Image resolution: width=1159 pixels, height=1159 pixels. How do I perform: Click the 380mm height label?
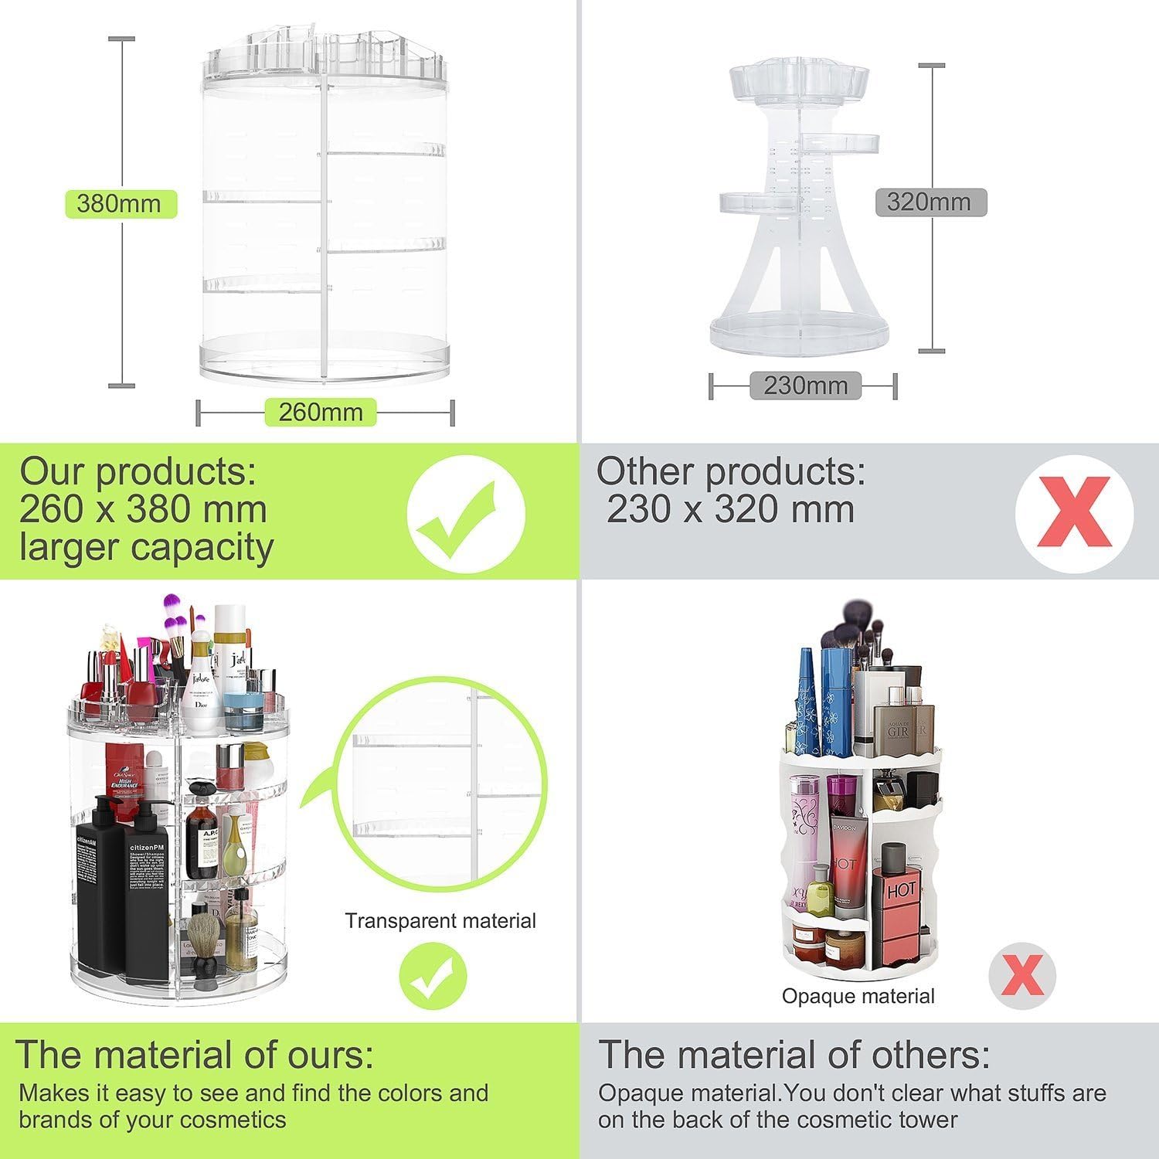[120, 204]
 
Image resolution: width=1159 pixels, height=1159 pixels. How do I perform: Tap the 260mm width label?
[321, 412]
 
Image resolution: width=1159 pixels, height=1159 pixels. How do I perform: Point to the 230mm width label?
[805, 385]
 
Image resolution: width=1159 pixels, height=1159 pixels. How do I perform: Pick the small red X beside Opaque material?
[1022, 975]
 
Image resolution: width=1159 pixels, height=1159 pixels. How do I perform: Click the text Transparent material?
[440, 920]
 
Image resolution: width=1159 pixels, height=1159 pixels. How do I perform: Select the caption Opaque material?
[858, 996]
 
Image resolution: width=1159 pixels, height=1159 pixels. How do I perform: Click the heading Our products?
[138, 471]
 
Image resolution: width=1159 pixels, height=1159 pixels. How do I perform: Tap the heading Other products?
[730, 471]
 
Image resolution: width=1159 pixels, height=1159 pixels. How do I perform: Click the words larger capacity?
[147, 547]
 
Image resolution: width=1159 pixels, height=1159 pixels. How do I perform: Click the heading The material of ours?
[193, 1055]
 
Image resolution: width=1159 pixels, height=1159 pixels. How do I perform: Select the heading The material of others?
[794, 1055]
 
